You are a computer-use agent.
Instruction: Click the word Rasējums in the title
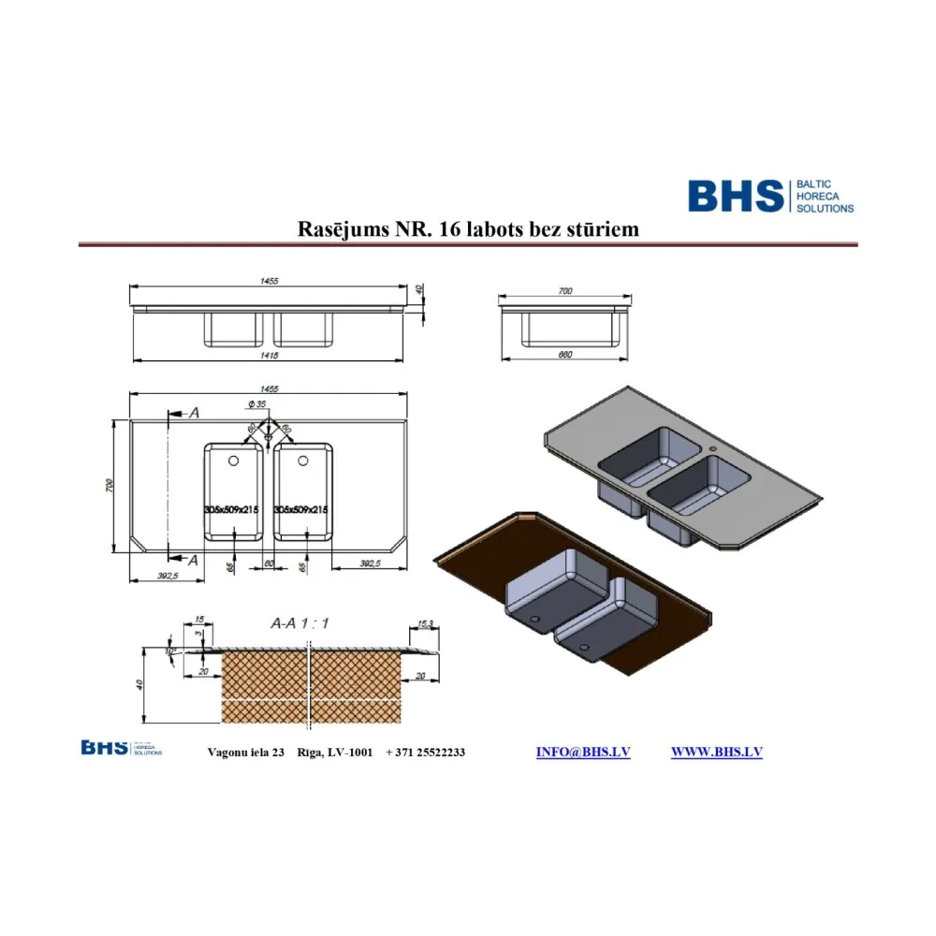[338, 229]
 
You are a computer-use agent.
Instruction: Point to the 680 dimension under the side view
[564, 355]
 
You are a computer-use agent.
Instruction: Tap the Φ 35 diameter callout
[257, 403]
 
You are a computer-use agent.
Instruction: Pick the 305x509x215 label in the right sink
[300, 509]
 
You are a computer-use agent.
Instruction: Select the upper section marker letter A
[194, 412]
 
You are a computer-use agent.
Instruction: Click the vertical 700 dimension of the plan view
[110, 486]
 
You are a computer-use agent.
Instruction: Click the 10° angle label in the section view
[168, 651]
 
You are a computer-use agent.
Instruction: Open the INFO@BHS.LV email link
[582, 753]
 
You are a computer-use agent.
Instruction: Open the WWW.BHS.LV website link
[716, 753]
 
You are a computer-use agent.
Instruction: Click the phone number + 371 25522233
[425, 753]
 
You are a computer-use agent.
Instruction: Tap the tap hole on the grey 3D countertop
[713, 447]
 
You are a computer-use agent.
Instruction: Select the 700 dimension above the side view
[564, 292]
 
